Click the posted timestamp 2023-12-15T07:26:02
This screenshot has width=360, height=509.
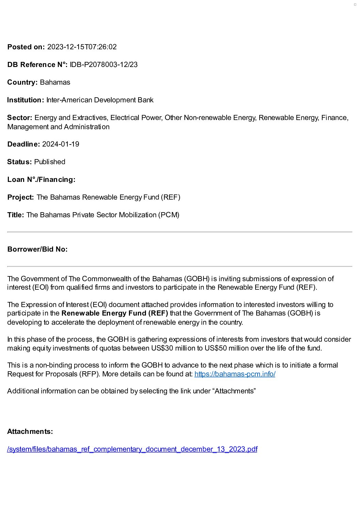pyautogui.click(x=82, y=47)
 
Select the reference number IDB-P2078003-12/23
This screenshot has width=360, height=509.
pyautogui.click(x=104, y=65)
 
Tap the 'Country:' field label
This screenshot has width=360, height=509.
pyautogui.click(x=22, y=82)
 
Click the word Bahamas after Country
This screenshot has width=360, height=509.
pyautogui.click(x=55, y=82)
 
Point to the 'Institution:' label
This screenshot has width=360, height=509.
pyautogui.click(x=26, y=100)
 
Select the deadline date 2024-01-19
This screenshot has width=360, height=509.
pyautogui.click(x=61, y=144)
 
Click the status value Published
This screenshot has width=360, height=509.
pyautogui.click(x=50, y=162)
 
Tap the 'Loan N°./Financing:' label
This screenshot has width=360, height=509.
pyautogui.click(x=41, y=180)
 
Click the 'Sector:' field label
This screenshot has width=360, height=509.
pyautogui.click(x=20, y=118)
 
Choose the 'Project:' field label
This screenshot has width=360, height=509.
pyautogui.click(x=20, y=197)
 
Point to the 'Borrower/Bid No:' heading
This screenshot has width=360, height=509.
pyautogui.click(x=37, y=249)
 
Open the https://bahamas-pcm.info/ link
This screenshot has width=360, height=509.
pyautogui.click(x=235, y=374)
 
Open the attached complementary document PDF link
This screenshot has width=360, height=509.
pyautogui.click(x=132, y=449)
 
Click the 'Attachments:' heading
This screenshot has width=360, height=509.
pyautogui.click(x=30, y=431)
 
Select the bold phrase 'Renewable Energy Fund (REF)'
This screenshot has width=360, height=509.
pyautogui.click(x=115, y=313)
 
